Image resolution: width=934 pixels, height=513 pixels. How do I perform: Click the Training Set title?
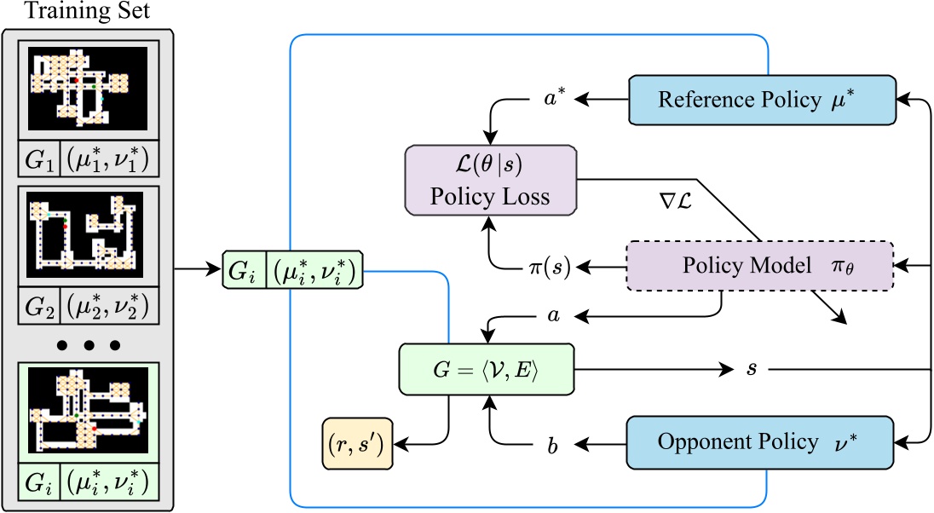click(x=88, y=13)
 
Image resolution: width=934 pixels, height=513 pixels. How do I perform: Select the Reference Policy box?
click(x=762, y=99)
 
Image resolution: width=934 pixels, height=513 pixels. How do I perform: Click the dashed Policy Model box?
click(x=759, y=267)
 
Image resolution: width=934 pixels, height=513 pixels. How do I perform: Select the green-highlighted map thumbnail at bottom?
click(x=88, y=411)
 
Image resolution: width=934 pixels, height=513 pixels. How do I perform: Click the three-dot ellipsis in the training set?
click(x=88, y=345)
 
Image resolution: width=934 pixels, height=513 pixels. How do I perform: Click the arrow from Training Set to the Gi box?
click(x=196, y=268)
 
